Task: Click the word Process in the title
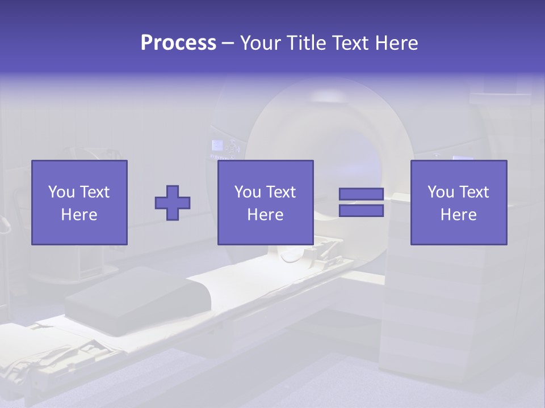[178, 43]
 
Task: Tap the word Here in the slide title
[396, 43]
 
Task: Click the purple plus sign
[173, 202]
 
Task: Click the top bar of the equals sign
[361, 194]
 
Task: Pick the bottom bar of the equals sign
[361, 210]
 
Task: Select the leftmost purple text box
[79, 202]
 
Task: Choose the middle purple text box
[266, 202]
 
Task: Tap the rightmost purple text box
[459, 202]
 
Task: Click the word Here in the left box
[79, 215]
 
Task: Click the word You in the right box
[441, 192]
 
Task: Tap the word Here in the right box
[458, 215]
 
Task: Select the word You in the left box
[61, 192]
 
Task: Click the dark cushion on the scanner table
[136, 300]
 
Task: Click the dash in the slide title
[228, 43]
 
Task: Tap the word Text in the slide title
[350, 43]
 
